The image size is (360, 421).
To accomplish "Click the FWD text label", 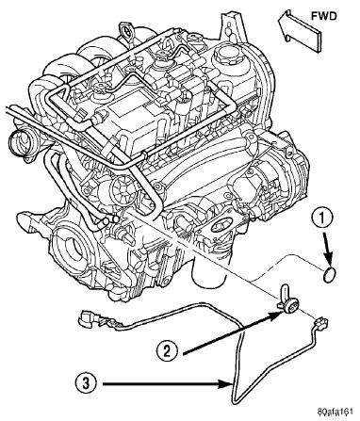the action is [324, 16].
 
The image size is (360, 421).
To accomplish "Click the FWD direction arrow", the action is [299, 29].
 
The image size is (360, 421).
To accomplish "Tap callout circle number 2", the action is [168, 350].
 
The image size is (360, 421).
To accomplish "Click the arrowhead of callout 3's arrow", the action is [227, 383].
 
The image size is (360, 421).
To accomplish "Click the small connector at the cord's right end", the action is [320, 324].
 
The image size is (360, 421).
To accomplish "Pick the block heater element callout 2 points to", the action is [287, 300].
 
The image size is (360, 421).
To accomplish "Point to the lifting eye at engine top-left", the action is [126, 31].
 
